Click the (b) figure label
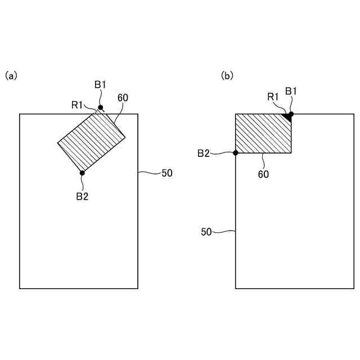coord(227,75)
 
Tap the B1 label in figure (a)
coord(100,84)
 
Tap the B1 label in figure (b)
coord(291,91)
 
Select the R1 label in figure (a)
coord(77,104)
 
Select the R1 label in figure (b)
coord(273,97)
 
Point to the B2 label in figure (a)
coord(82,196)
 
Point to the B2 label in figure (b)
coord(204,153)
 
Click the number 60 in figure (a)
coord(123,97)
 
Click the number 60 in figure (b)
coord(263,174)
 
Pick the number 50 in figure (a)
coord(167,173)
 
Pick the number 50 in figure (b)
coord(207,231)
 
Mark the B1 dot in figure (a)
coord(101,107)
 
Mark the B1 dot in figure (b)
coord(291,114)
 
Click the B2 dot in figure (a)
coord(82,173)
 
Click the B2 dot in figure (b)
coord(236,152)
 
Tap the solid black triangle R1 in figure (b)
coord(288,117)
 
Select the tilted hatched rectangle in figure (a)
coord(91,141)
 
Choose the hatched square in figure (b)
coord(263,133)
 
